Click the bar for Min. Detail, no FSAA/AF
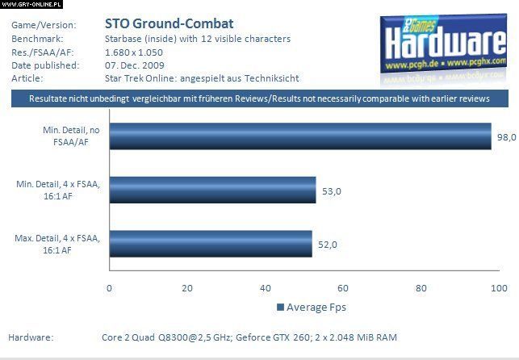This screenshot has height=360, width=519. point(299,136)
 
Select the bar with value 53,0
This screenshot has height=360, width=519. point(212,190)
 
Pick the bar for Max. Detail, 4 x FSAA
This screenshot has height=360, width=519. point(210,244)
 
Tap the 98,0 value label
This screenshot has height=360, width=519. point(506,137)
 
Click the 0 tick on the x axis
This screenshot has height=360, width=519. point(109,288)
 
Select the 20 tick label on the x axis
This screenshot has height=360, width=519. point(187,288)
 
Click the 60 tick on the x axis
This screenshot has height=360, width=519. point(343,288)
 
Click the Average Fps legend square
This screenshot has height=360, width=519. point(281,307)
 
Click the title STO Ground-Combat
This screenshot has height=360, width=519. point(170,23)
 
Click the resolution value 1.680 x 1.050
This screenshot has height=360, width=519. point(140,52)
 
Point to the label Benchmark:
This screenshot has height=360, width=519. point(37,38)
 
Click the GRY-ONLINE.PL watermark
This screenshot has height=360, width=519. point(31,4)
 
